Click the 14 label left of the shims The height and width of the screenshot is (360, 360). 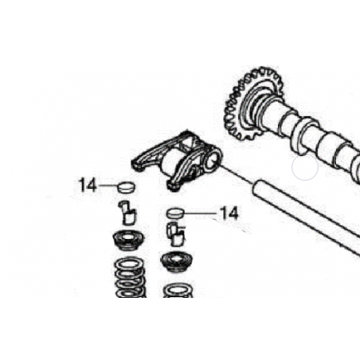[88, 185]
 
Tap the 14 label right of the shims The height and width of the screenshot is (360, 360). [229, 213]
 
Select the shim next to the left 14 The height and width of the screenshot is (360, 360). [126, 187]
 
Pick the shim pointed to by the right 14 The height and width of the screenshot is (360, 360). [175, 213]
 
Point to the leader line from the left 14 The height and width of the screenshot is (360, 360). [108, 186]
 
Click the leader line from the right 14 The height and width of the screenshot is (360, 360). [202, 213]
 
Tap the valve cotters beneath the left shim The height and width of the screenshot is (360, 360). [127, 213]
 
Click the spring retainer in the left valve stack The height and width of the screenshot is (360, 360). [128, 241]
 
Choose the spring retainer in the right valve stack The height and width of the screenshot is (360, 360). [177, 262]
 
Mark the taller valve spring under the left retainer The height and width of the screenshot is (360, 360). [131, 278]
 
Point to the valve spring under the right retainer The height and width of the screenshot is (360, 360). [178, 291]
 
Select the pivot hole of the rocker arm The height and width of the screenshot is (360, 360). [212, 162]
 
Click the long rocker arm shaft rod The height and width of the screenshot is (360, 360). [305, 215]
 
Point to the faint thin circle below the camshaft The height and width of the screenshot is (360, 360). [305, 167]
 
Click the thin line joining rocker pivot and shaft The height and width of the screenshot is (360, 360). [237, 174]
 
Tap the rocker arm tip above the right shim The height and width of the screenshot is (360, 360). [173, 186]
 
